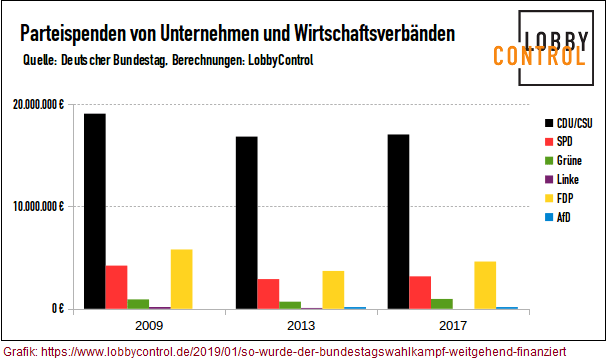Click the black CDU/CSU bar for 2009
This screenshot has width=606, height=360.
pos(95,211)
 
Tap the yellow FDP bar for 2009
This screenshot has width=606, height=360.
pos(182,279)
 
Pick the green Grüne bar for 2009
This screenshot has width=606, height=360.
pos(139,304)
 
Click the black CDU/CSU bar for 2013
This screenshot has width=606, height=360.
pos(247,222)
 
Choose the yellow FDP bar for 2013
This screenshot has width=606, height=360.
pos(334,290)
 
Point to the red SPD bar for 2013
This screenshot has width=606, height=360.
pos(269,294)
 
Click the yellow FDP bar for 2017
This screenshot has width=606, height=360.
pos(486,285)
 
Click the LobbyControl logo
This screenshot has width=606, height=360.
pos(540,43)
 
